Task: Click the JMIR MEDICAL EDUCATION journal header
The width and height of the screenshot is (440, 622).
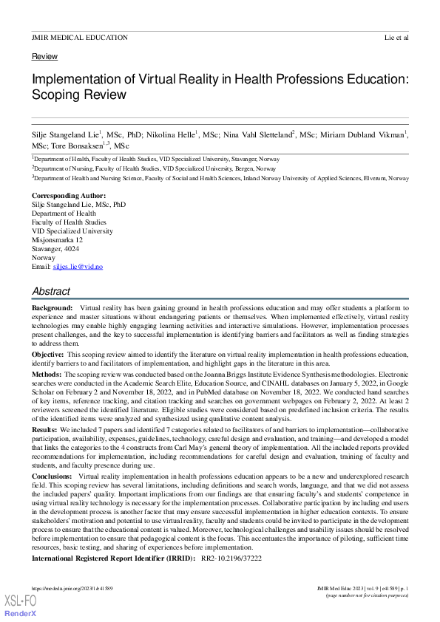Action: click(80, 37)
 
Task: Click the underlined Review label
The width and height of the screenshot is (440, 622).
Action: click(44, 57)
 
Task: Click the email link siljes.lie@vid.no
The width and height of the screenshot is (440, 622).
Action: click(83, 266)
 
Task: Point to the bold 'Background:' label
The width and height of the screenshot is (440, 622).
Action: click(52, 307)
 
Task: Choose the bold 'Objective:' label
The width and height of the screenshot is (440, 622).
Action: click(48, 355)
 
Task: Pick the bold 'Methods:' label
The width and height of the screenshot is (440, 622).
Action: click(47, 375)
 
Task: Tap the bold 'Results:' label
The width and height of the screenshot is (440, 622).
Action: click(45, 429)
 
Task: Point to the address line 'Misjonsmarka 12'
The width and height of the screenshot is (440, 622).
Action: click(58, 239)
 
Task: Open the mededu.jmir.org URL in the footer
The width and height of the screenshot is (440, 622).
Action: click(72, 588)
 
